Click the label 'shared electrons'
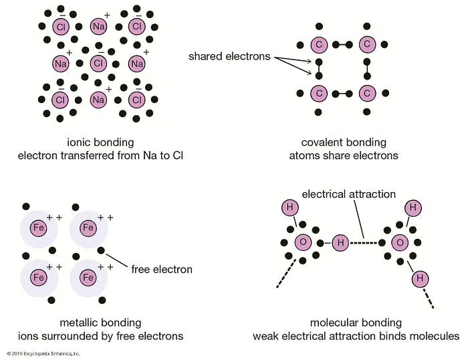[x=229, y=56]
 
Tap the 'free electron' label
[x=162, y=270]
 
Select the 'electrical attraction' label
[x=349, y=195]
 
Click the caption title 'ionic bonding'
[x=100, y=142]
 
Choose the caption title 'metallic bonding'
[x=101, y=322]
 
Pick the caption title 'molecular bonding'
[x=356, y=322]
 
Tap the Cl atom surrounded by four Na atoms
[x=98, y=64]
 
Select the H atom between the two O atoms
[x=340, y=242]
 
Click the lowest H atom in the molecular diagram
[x=420, y=277]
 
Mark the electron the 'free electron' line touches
[x=101, y=251]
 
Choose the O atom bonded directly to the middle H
[x=303, y=242]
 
